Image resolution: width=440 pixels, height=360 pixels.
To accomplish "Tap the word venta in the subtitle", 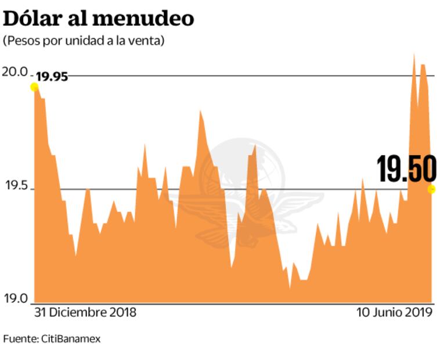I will click(x=147, y=41).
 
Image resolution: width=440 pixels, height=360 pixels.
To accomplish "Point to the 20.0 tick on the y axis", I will click(x=16, y=72).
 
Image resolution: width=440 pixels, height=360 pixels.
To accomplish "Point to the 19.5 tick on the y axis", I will click(x=16, y=186).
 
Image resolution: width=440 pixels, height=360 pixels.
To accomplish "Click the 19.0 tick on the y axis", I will click(x=16, y=299).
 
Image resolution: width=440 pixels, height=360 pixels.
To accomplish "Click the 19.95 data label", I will click(x=52, y=77).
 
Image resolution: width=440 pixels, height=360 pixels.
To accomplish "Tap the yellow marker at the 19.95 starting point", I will click(x=34, y=87).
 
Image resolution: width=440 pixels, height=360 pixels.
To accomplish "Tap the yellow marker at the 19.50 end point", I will click(x=431, y=189).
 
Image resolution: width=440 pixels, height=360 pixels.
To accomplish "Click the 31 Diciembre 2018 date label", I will click(x=85, y=312).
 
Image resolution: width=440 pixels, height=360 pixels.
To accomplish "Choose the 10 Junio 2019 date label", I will click(x=395, y=312).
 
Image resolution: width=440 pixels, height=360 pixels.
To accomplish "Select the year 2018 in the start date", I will click(x=122, y=312).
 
